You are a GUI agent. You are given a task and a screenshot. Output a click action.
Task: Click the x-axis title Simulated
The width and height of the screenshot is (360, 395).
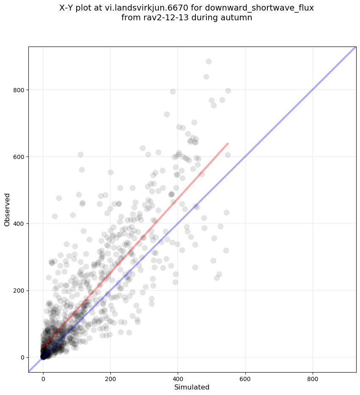click(x=192, y=387)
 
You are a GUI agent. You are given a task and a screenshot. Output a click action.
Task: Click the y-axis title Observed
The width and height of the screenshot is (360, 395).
click(x=7, y=209)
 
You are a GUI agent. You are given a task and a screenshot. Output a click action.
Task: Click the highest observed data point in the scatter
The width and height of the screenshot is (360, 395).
click(x=209, y=61)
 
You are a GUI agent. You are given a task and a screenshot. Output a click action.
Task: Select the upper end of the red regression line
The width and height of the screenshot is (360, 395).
click(x=228, y=144)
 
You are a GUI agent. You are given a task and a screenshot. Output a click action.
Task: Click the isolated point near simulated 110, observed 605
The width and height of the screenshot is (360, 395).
click(x=80, y=155)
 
